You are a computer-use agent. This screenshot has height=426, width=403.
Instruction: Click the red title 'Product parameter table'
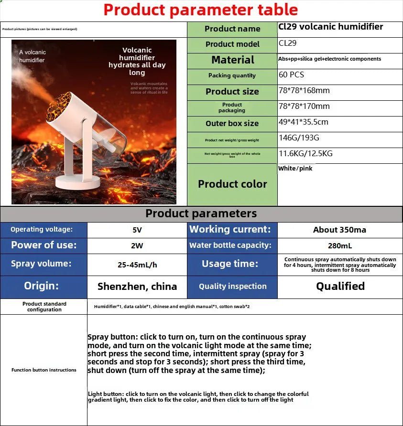[x=201, y=10]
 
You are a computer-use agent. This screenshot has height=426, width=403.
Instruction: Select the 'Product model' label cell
[x=232, y=44]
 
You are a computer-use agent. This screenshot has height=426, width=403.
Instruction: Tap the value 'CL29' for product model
[x=288, y=43]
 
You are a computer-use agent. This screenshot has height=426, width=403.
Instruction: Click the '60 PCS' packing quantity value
[x=291, y=75]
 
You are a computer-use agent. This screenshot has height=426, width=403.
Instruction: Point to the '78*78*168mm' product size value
[x=304, y=90]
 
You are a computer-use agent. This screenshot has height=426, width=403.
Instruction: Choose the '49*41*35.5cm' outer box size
[x=303, y=122]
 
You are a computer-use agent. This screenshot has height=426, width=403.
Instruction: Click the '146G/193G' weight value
[x=299, y=138]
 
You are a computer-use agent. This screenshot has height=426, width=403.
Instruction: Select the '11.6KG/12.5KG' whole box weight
[x=305, y=153]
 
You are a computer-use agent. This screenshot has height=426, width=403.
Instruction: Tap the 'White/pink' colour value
[x=295, y=168]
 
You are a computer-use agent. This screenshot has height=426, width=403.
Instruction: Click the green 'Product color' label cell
[x=232, y=184]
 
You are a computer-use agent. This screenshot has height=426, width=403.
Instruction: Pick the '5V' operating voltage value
[x=137, y=230]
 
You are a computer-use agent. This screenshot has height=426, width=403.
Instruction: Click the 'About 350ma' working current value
[x=339, y=230]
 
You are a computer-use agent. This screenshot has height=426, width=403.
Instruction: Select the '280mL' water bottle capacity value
[x=340, y=245]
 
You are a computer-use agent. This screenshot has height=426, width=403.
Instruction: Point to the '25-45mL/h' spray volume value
[x=137, y=264]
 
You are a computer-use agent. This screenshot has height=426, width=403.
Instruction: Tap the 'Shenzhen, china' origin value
[x=137, y=287]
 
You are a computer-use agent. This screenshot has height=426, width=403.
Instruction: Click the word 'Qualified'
[x=340, y=286]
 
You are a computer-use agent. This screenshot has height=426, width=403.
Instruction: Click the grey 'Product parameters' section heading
[x=201, y=213]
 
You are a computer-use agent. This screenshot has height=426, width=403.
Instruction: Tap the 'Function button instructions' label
[x=44, y=370]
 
